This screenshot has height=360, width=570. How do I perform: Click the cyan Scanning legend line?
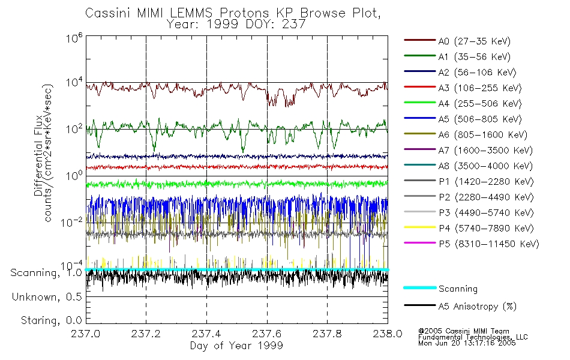(418, 288)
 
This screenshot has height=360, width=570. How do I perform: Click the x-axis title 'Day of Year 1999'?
(236, 346)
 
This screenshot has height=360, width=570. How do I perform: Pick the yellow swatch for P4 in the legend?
(418, 229)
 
